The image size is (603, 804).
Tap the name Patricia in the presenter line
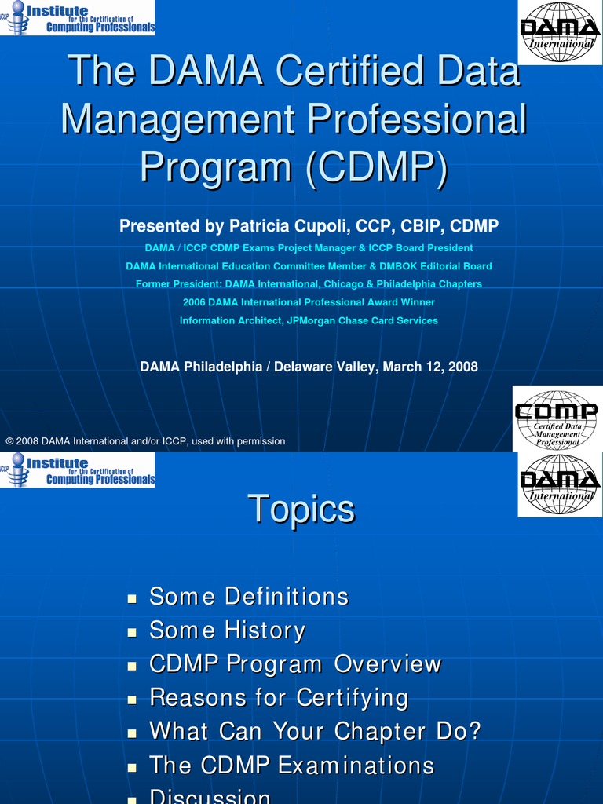click(x=256, y=226)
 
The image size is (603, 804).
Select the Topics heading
click(x=301, y=509)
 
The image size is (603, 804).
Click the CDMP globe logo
click(x=556, y=418)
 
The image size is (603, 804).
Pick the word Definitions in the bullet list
click(x=286, y=597)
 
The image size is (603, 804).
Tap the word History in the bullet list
click(x=264, y=630)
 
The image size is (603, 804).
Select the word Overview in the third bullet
click(x=388, y=664)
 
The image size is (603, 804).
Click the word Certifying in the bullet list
click(x=353, y=698)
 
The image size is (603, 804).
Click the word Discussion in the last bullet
click(x=210, y=797)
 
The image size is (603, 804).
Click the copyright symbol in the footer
click(x=10, y=441)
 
